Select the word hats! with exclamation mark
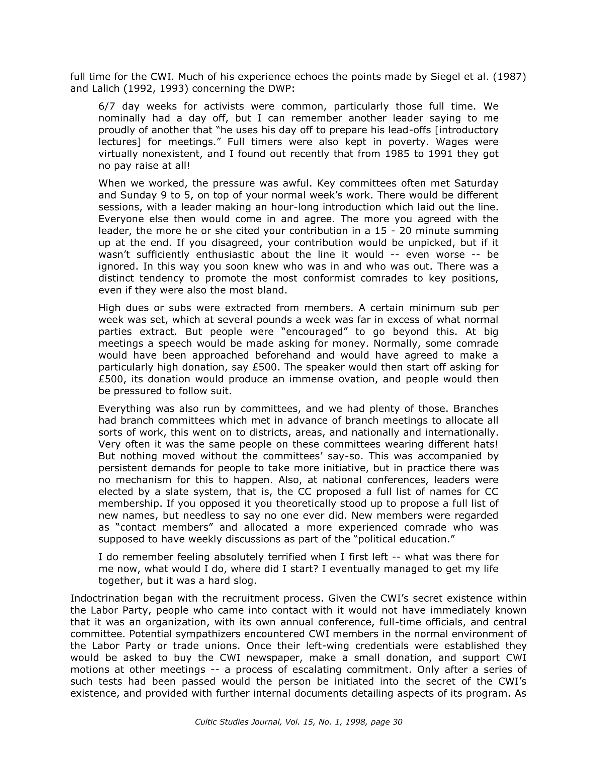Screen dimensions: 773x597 coord(486,444)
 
